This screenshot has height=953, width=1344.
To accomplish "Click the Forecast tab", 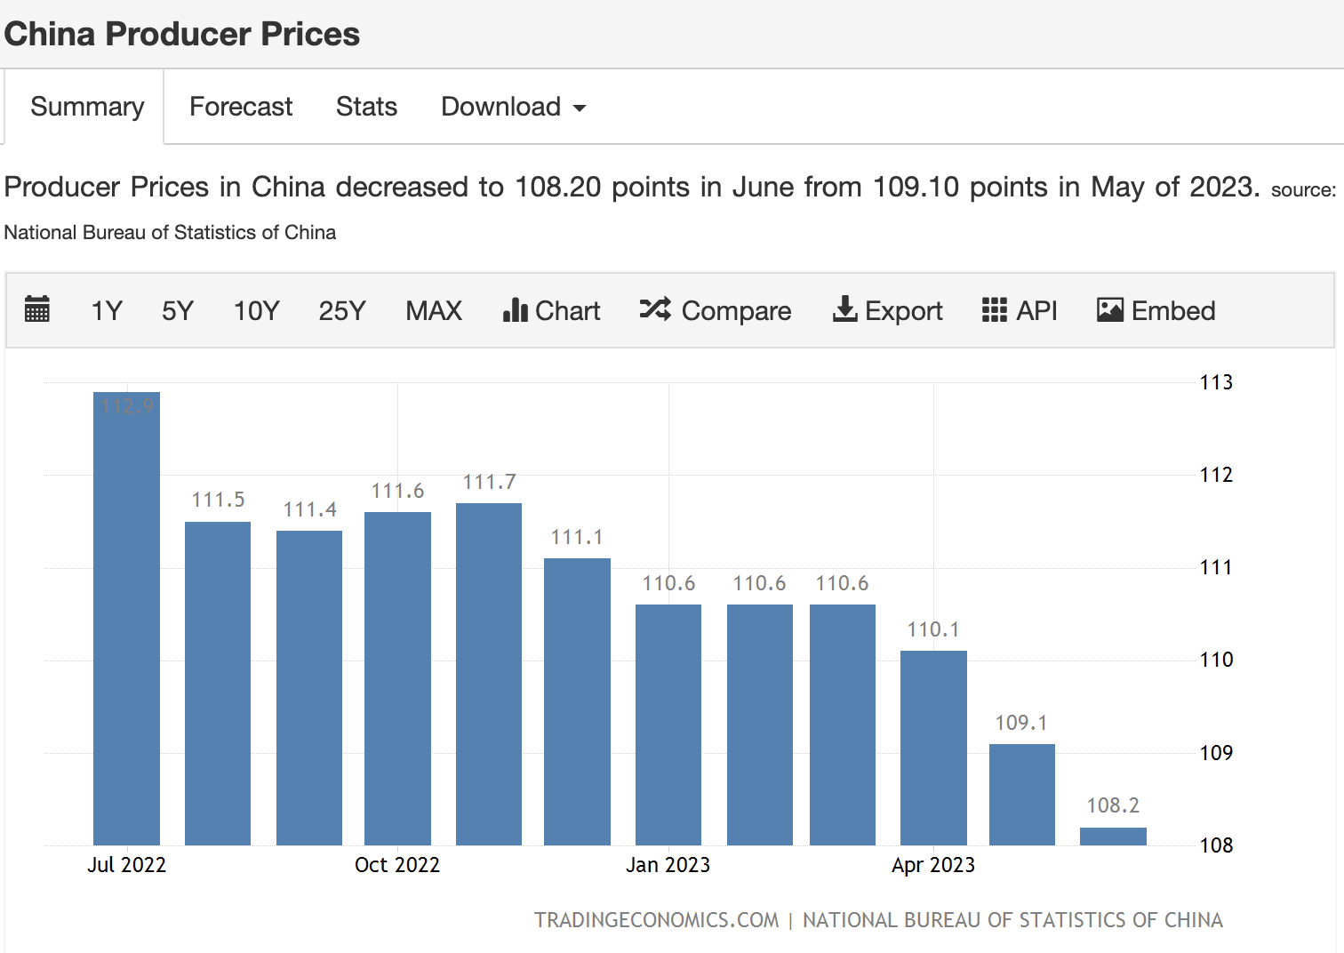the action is coord(241,107).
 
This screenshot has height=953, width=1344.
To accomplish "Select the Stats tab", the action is coord(366,107).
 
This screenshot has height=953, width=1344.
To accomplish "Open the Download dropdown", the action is coord(513,107).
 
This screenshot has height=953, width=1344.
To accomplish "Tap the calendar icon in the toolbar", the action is coord(37,309).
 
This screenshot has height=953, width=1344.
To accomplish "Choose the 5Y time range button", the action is coord(178,311).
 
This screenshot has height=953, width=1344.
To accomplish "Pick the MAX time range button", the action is coord(434,311).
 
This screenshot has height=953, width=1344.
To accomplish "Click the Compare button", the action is coord(716,311).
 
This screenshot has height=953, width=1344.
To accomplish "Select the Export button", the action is coord(887,311).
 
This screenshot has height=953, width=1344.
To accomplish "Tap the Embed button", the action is coord(1156,311).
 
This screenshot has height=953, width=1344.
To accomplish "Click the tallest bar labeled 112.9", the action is coord(126,619).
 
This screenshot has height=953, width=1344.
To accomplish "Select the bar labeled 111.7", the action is coord(489,674).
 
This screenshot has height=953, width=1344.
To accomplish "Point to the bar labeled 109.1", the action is coord(1022,795).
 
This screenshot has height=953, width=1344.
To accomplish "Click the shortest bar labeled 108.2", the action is coord(1114,837).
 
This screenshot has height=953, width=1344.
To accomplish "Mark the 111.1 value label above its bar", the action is coord(577,537).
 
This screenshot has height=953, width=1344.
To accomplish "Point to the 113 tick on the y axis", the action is coord(1216,382).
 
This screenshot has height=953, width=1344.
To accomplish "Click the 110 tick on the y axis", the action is coord(1216,661).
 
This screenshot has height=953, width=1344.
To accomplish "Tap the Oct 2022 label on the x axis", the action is coord(397,865).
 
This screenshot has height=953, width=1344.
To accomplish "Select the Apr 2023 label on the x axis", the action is coord(933,865).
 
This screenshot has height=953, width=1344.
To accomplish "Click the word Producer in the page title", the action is coord(178,34).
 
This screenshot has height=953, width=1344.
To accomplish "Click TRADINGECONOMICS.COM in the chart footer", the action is coord(656,920).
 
